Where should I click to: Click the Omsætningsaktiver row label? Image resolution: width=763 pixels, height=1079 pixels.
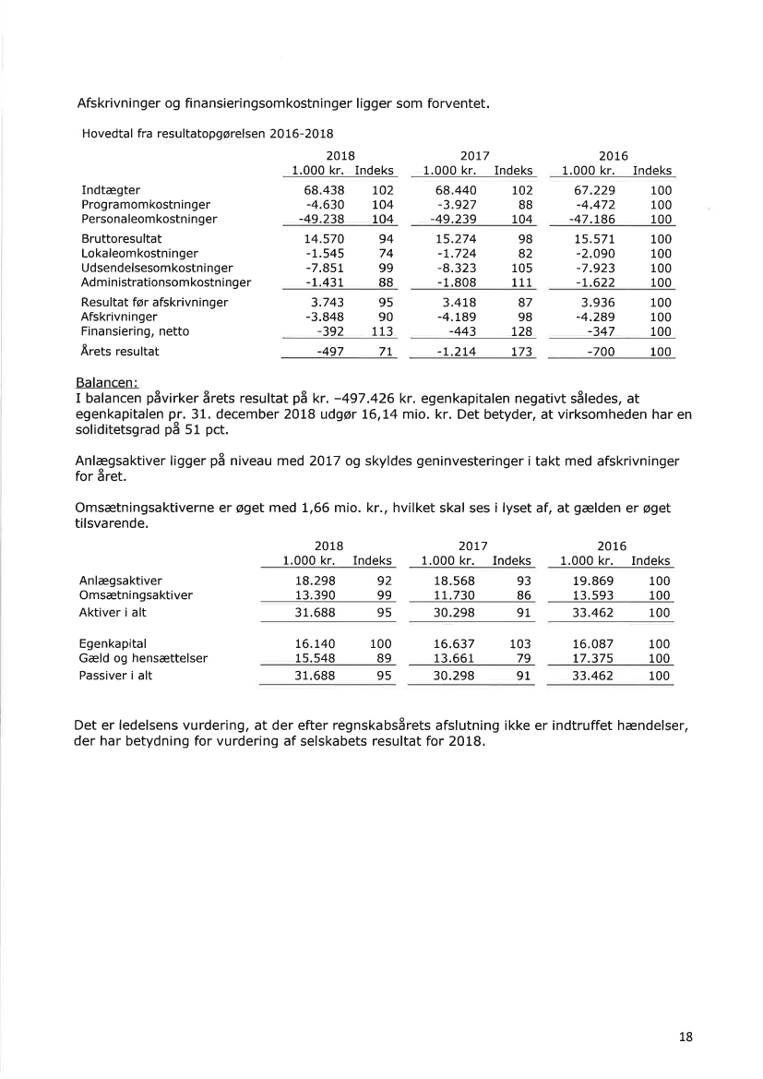[137, 595]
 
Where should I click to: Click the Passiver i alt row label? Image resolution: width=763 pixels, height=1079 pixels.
[116, 676]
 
